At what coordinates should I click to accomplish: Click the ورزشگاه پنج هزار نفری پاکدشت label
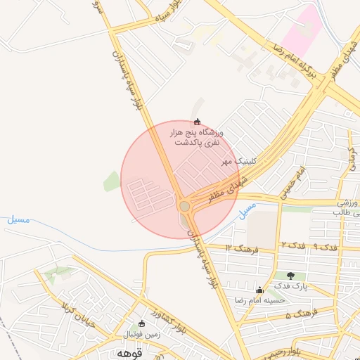[196, 137]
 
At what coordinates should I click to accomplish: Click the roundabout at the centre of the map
[185, 206]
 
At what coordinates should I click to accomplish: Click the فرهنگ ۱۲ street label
[243, 248]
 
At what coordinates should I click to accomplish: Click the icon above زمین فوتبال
[142, 325]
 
